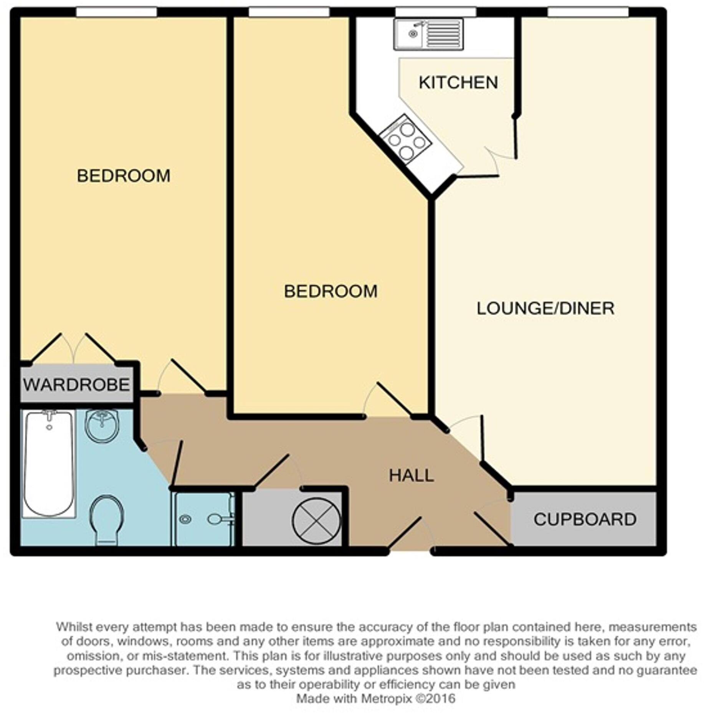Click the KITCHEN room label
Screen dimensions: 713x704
pos(458,83)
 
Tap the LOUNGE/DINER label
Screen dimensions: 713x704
pos(545,309)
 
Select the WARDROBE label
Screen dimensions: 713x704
pos(76,385)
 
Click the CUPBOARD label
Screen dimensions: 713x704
pos(585,520)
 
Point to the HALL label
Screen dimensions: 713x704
pos(411,476)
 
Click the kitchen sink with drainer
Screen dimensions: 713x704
pos(428,35)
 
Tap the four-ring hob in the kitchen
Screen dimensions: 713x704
pos(406,140)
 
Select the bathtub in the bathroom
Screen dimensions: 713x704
pos(48,464)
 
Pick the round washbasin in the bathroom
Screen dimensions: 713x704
pos(101,425)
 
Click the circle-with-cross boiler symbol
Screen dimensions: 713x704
pos(316,521)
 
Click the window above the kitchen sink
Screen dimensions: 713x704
pos(436,12)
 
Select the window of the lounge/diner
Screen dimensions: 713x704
pos(588,12)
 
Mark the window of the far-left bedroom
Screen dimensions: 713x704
pos(116,12)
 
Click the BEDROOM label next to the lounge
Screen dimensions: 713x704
pos(331,292)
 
